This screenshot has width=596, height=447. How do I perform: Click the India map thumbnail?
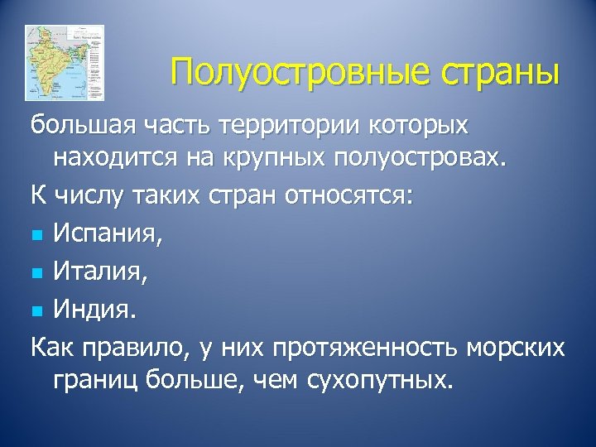(x=65, y=63)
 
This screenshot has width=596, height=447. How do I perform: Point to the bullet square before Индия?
(x=38, y=310)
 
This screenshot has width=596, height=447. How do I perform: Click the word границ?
(x=103, y=382)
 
